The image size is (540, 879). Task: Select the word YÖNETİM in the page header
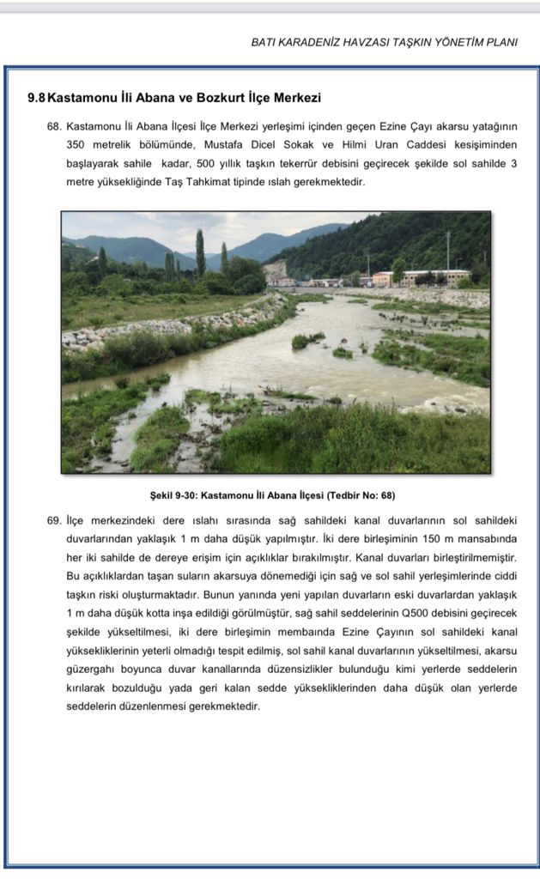pos(449,42)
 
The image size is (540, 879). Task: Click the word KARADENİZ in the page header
pos(311,42)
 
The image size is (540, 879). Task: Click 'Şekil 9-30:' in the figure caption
pos(173,496)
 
